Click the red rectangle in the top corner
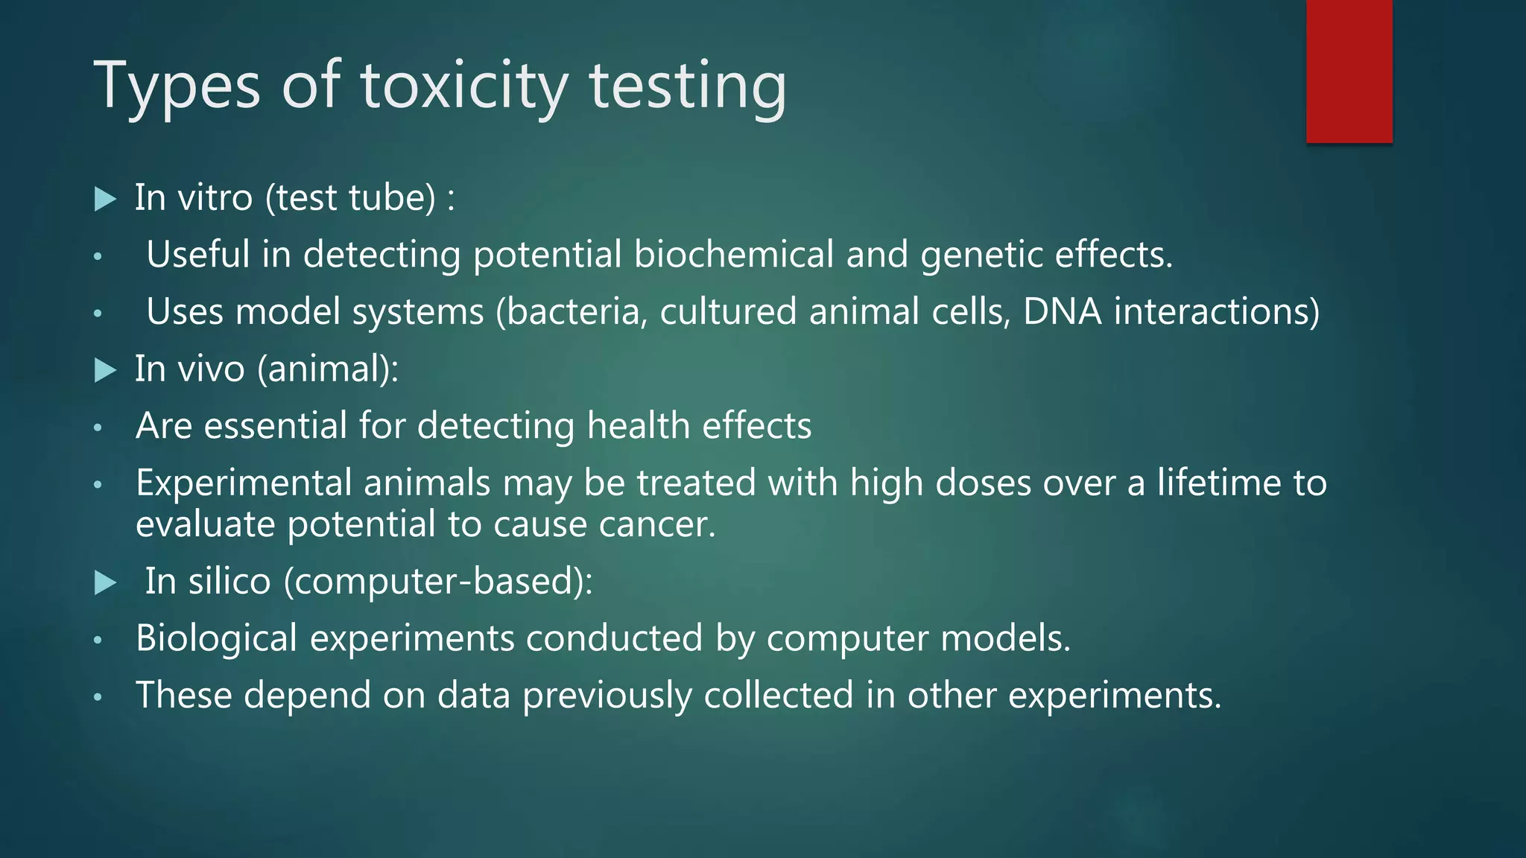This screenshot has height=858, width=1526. (x=1349, y=71)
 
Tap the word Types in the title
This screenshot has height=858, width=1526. (x=177, y=88)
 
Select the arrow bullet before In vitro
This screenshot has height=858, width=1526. (x=106, y=200)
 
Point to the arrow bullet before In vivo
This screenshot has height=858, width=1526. (x=106, y=370)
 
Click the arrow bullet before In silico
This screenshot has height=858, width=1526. (x=106, y=583)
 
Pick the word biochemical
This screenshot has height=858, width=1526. (x=733, y=255)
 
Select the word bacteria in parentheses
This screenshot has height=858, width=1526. (x=572, y=312)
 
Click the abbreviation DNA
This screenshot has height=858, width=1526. (x=1062, y=311)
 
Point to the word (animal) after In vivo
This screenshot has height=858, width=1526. (x=328, y=369)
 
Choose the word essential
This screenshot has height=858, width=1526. (x=276, y=426)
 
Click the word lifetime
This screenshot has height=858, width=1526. (x=1219, y=483)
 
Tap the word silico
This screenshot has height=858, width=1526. (x=229, y=582)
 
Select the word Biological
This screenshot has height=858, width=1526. (x=216, y=639)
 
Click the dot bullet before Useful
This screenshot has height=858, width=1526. (x=97, y=257)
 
